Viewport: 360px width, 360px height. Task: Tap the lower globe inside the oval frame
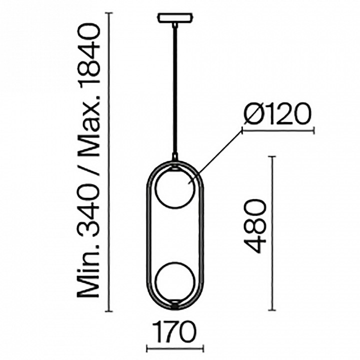coord(174,282)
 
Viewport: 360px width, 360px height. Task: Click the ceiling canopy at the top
coord(174,19)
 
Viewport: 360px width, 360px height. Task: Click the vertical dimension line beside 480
coord(272,233)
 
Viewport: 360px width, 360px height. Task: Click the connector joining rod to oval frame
coord(174,159)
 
